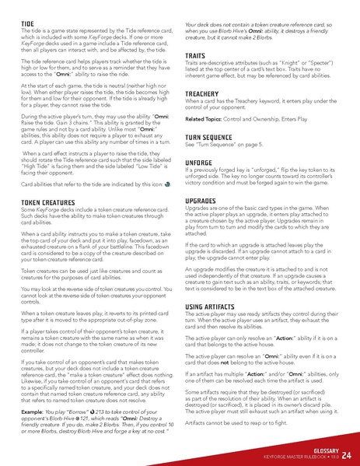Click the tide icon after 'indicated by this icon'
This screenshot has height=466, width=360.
(168, 185)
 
